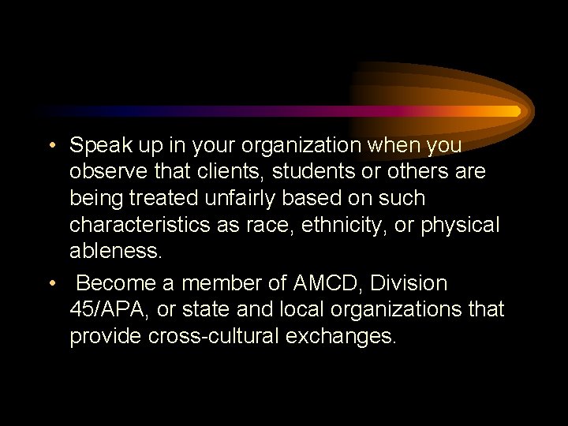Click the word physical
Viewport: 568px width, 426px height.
tap(461, 225)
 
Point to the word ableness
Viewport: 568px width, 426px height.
tap(115, 251)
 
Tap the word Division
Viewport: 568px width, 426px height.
tap(409, 283)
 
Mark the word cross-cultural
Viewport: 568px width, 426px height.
tap(204, 336)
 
